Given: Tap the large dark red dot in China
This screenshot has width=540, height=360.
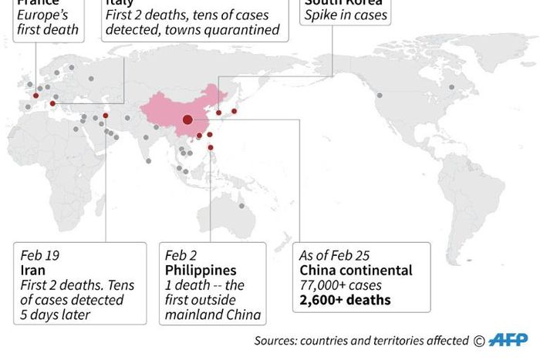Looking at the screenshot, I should tap(187, 119).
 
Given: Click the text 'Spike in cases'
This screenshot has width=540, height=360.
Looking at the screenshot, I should tap(346, 15).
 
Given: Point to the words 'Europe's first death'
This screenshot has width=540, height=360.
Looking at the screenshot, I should tap(48, 22).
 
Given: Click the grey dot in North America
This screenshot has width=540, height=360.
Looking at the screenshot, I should tap(380, 96).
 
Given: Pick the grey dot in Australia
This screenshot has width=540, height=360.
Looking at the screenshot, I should tap(242, 206).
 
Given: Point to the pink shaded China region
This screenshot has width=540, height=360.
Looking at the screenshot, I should tap(166, 112).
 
